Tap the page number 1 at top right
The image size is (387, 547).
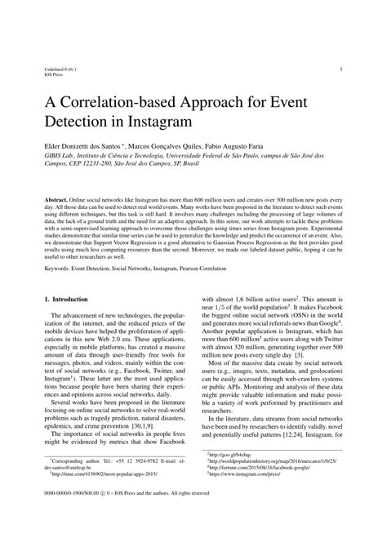point(340,70)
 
